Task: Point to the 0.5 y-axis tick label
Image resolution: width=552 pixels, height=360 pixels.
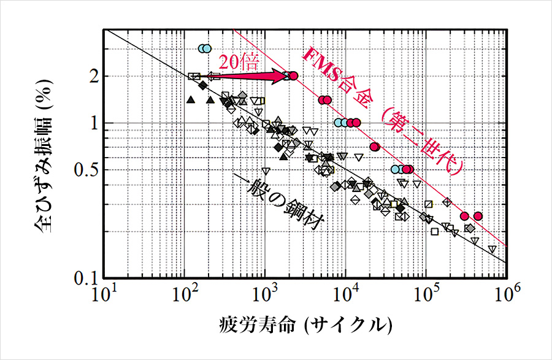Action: point(82,170)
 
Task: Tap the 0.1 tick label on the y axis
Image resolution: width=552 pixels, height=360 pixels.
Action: point(82,278)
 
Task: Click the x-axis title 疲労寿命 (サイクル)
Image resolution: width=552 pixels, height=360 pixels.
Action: point(305,324)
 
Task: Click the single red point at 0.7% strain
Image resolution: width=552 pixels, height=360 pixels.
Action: point(375,146)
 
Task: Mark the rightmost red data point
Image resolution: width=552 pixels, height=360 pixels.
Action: point(478,216)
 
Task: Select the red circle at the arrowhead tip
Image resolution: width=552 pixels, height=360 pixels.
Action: point(293,76)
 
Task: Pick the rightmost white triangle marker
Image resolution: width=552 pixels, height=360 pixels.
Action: point(492,249)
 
